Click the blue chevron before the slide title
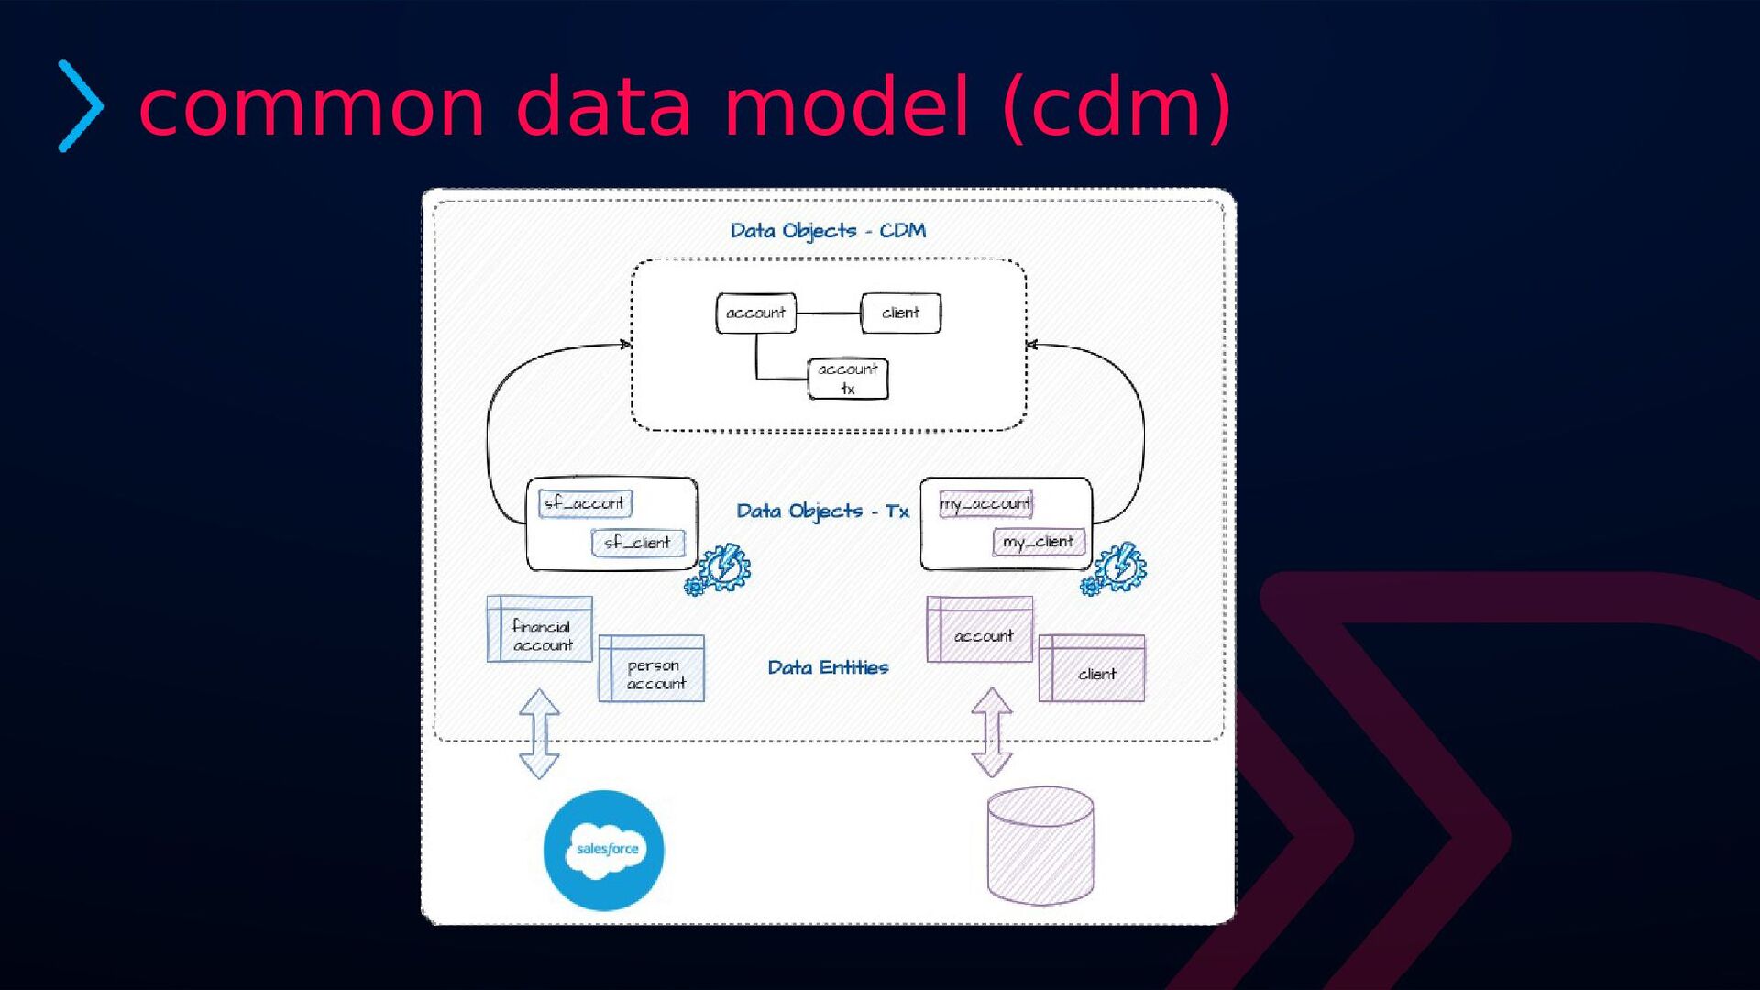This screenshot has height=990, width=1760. coord(81,105)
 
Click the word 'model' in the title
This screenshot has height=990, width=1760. coord(845,107)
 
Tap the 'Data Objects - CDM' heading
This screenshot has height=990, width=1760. coord(828,231)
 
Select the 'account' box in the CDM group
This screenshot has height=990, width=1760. coord(756,313)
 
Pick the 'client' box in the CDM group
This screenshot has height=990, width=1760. coord(900,313)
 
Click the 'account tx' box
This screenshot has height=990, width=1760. coord(848,379)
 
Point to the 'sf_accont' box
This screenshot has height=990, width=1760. coord(585,503)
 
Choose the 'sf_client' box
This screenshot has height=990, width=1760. coord(638,543)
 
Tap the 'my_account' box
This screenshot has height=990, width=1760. coord(985,504)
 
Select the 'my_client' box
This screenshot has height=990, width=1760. coord(1039,543)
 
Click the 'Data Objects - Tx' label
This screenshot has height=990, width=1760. coord(822,511)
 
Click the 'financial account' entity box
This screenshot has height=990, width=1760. coord(540,630)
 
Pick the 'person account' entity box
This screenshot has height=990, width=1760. coord(652,669)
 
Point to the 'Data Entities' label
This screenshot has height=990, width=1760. coord(828,668)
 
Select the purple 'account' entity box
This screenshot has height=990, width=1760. coord(980,631)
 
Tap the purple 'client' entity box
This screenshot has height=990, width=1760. coord(1092,669)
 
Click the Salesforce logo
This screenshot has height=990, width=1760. coord(604,850)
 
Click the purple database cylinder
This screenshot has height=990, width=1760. coord(1040,845)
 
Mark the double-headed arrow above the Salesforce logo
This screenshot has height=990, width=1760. coord(539,734)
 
